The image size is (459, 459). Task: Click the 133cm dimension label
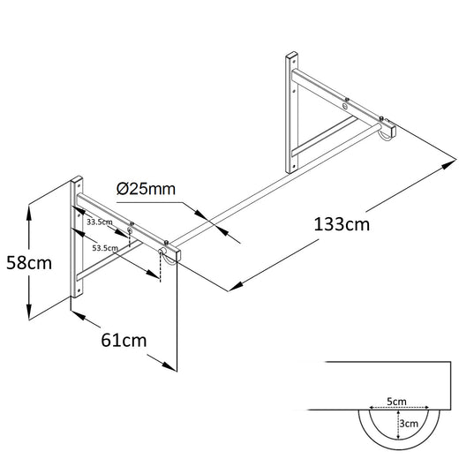(x=342, y=224)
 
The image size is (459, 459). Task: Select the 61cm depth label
(x=123, y=338)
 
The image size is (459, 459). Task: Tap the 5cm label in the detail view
(x=395, y=402)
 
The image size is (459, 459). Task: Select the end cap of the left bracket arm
(x=173, y=252)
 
